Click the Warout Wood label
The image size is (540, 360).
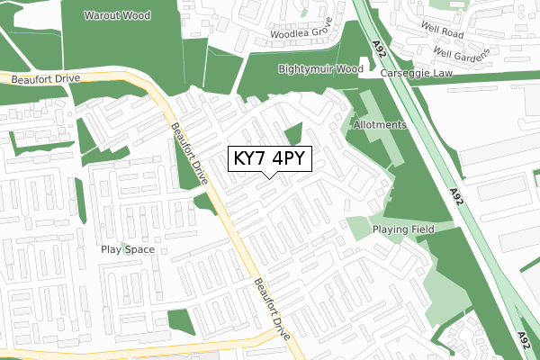118,16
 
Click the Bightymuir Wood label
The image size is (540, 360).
320,68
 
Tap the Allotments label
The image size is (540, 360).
381,124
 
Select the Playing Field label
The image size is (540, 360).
403,229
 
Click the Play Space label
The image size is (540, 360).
128,249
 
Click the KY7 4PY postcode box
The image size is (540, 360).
271,159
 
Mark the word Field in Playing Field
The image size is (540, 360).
420,229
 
